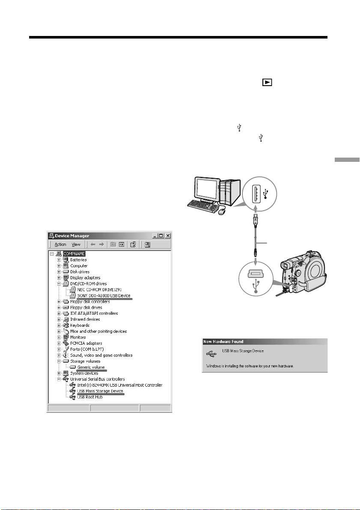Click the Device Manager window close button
point(168,236)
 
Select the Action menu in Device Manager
point(60,245)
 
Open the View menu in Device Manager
point(76,245)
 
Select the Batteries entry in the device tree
point(78,259)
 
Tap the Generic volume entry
point(91,367)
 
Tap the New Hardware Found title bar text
point(223,342)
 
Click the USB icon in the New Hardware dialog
point(211,354)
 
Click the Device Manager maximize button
point(161,236)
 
